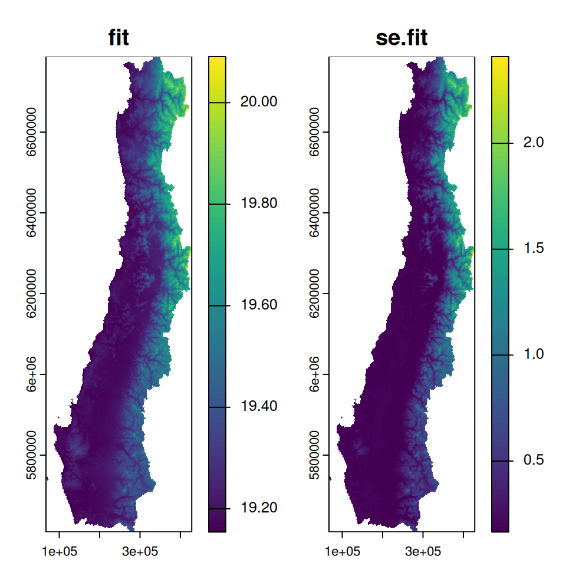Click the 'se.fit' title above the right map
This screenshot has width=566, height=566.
click(402, 38)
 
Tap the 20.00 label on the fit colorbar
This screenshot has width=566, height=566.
click(259, 102)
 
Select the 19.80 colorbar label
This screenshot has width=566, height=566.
click(259, 204)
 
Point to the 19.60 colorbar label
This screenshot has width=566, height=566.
click(259, 305)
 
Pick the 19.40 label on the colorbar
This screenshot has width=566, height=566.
click(259, 407)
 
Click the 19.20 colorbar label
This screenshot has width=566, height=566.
click(259, 509)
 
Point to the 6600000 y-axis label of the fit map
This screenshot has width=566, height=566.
click(32, 133)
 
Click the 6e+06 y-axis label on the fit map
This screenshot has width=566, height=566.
click(32, 374)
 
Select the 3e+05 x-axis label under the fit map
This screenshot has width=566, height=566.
click(140, 552)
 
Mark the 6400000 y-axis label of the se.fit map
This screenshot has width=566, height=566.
click(315, 213)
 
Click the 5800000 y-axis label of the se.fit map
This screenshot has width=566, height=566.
click(315, 455)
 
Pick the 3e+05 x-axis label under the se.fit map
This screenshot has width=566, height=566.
click(423, 552)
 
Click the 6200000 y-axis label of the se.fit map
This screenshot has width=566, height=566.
click(315, 294)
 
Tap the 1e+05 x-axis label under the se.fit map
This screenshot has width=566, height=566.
click(342, 552)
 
